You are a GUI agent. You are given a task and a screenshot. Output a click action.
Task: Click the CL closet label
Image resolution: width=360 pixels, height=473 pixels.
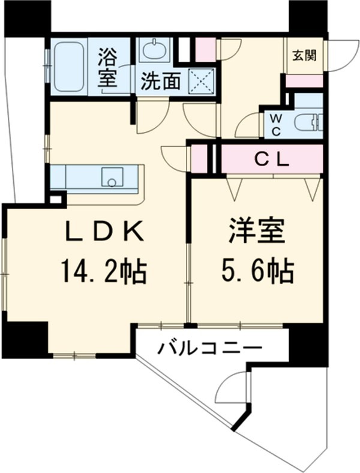272,159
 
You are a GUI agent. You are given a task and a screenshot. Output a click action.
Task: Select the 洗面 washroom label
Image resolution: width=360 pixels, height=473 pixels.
160,83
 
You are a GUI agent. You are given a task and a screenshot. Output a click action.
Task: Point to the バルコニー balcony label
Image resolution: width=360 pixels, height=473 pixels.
210,347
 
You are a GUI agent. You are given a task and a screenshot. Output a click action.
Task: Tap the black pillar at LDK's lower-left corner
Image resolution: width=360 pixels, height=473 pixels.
25,339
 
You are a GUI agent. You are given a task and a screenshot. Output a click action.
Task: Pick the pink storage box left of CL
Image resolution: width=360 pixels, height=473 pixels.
199,158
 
